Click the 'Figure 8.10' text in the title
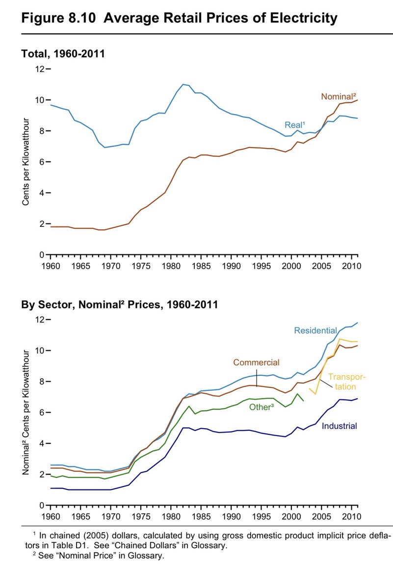(x=58, y=18)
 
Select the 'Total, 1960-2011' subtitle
(x=63, y=53)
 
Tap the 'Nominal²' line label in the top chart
(x=339, y=97)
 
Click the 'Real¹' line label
(x=295, y=124)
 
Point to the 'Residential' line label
(x=315, y=330)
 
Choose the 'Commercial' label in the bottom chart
(x=256, y=362)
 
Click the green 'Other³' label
(x=262, y=407)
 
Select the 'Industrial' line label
(x=340, y=426)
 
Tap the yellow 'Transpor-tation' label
(x=347, y=382)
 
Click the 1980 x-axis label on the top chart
(x=171, y=266)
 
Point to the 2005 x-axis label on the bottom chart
(x=321, y=516)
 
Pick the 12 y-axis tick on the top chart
(x=40, y=69)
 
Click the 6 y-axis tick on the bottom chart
(x=42, y=413)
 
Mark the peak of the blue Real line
(x=183, y=84)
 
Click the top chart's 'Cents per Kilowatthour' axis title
(x=26, y=161)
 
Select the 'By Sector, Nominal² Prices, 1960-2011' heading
(x=120, y=304)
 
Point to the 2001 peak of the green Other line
(x=297, y=394)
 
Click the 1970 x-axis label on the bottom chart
(x=111, y=516)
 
